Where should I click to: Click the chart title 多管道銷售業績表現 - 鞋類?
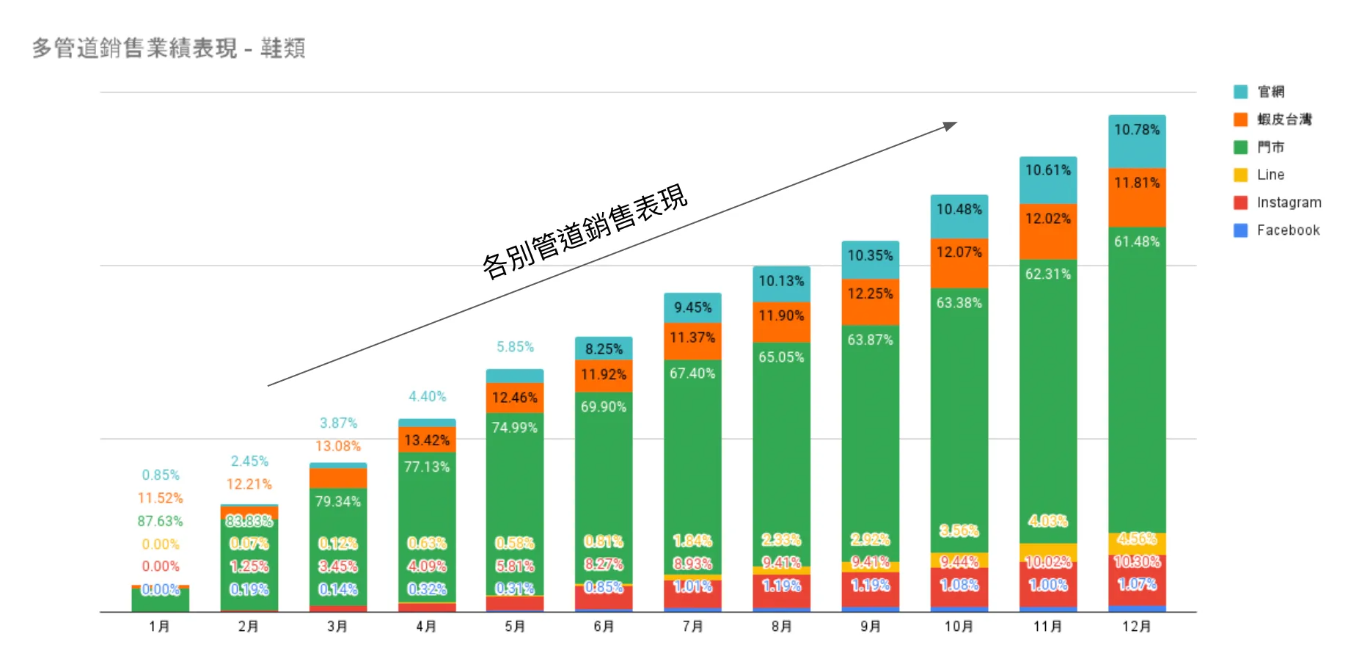[x=169, y=48]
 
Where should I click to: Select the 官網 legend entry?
[x=1270, y=92]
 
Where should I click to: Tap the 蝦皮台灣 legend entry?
[x=1284, y=120]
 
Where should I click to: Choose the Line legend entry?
[x=1270, y=175]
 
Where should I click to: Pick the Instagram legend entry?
[x=1289, y=203]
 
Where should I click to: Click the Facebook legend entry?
[x=1288, y=230]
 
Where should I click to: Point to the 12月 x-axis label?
[x=1136, y=627]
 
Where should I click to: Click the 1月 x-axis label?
[x=159, y=627]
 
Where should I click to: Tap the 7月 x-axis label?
[x=692, y=627]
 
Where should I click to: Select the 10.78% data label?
[x=1137, y=130]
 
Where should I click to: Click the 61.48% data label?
[x=1137, y=241]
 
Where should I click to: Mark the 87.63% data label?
[x=160, y=521]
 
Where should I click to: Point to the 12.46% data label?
[x=514, y=398]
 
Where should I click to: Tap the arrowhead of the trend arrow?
[x=951, y=125]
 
